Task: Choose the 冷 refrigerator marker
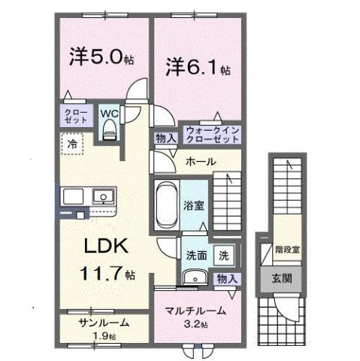[74, 142]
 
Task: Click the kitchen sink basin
[101, 197]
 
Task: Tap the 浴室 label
[193, 204]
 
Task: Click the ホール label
[201, 162]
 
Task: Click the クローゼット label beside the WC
[74, 117]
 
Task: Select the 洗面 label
[196, 254]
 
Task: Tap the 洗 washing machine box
[223, 255]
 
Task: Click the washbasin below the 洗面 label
[195, 276]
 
